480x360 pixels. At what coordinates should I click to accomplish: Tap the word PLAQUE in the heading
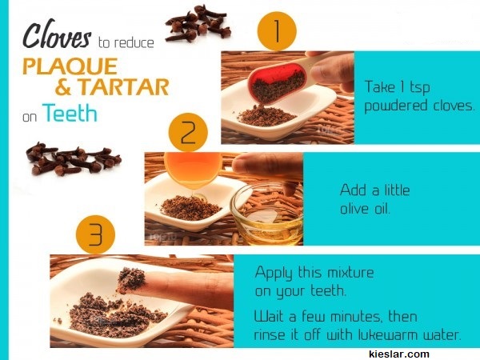point(70,66)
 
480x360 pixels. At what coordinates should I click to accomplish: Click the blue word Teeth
point(70,113)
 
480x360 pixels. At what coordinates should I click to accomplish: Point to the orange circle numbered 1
point(277,31)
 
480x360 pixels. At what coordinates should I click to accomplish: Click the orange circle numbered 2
point(188,132)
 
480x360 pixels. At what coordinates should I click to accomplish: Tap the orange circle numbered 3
point(95,234)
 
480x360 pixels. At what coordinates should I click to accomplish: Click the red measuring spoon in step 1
point(277,82)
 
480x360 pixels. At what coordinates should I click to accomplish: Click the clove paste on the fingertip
point(131,279)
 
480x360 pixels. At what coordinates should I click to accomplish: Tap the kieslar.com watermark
point(399,354)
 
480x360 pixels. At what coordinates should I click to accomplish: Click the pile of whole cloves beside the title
point(198,23)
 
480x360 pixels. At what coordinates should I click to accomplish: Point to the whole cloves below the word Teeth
point(74,159)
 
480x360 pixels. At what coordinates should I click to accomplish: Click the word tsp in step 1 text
point(420,87)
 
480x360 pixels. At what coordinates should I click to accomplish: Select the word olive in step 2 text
point(354,209)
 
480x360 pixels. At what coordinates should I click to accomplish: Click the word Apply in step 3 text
point(274,273)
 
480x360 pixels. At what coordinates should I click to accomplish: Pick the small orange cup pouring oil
point(193,169)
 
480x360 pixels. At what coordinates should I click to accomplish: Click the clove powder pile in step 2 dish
point(190,208)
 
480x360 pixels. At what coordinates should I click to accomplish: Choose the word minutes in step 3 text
point(357,317)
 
